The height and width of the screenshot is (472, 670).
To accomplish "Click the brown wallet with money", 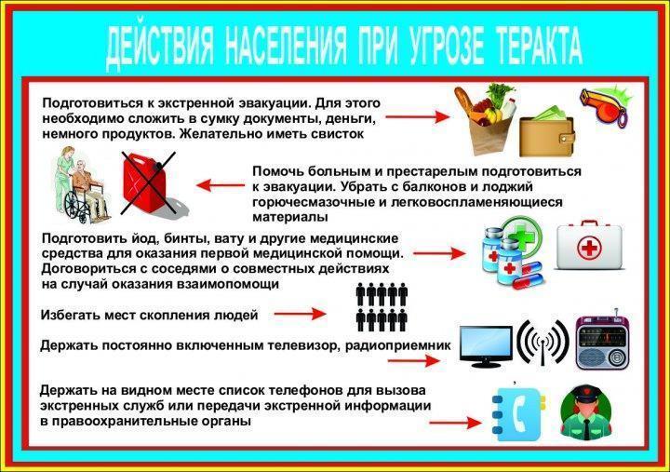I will tap(545, 136).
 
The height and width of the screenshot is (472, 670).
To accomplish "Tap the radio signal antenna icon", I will tap(542, 344).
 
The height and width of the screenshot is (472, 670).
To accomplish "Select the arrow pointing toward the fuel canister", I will tap(220, 185).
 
